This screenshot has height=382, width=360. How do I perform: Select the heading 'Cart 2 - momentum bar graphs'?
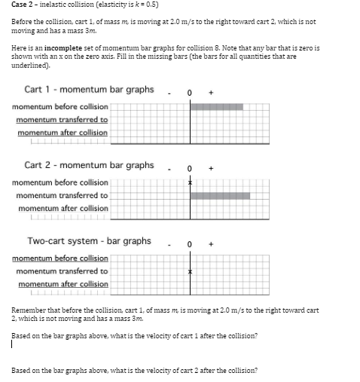[89, 165]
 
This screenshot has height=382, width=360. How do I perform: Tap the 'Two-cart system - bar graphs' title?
[89, 241]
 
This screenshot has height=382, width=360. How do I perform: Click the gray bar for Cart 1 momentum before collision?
[216, 107]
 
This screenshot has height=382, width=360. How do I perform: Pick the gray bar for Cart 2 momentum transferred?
[220, 195]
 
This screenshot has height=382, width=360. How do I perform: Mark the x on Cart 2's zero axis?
[191, 182]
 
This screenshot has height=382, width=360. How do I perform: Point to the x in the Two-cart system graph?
[191, 271]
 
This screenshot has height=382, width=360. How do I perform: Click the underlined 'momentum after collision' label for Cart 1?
[63, 133]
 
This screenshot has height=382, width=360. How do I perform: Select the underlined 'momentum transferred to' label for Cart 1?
[62, 120]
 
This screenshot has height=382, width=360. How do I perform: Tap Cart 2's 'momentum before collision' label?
[60, 182]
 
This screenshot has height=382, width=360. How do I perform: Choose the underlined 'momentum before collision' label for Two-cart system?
[60, 258]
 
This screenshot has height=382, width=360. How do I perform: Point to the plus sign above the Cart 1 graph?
[210, 93]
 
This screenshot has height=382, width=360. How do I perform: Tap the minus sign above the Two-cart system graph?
[171, 244]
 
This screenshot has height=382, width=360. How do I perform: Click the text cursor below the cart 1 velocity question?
[13, 346]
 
